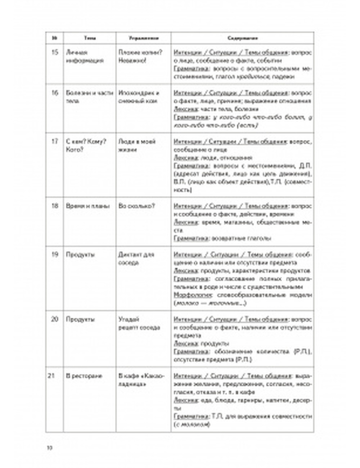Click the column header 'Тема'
point(90,38)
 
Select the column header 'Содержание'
point(242,38)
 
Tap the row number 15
point(55,53)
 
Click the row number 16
point(55,93)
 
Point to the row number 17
point(55,141)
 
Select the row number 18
point(55,206)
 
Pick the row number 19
point(55,255)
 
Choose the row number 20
point(55,319)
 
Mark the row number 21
point(51,376)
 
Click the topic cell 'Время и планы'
point(88,206)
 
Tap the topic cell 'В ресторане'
point(84,376)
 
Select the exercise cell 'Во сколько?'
point(137,206)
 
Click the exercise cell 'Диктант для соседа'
point(136,259)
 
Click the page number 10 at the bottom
point(50,448)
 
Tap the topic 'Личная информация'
point(80,57)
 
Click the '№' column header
point(55,38)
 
